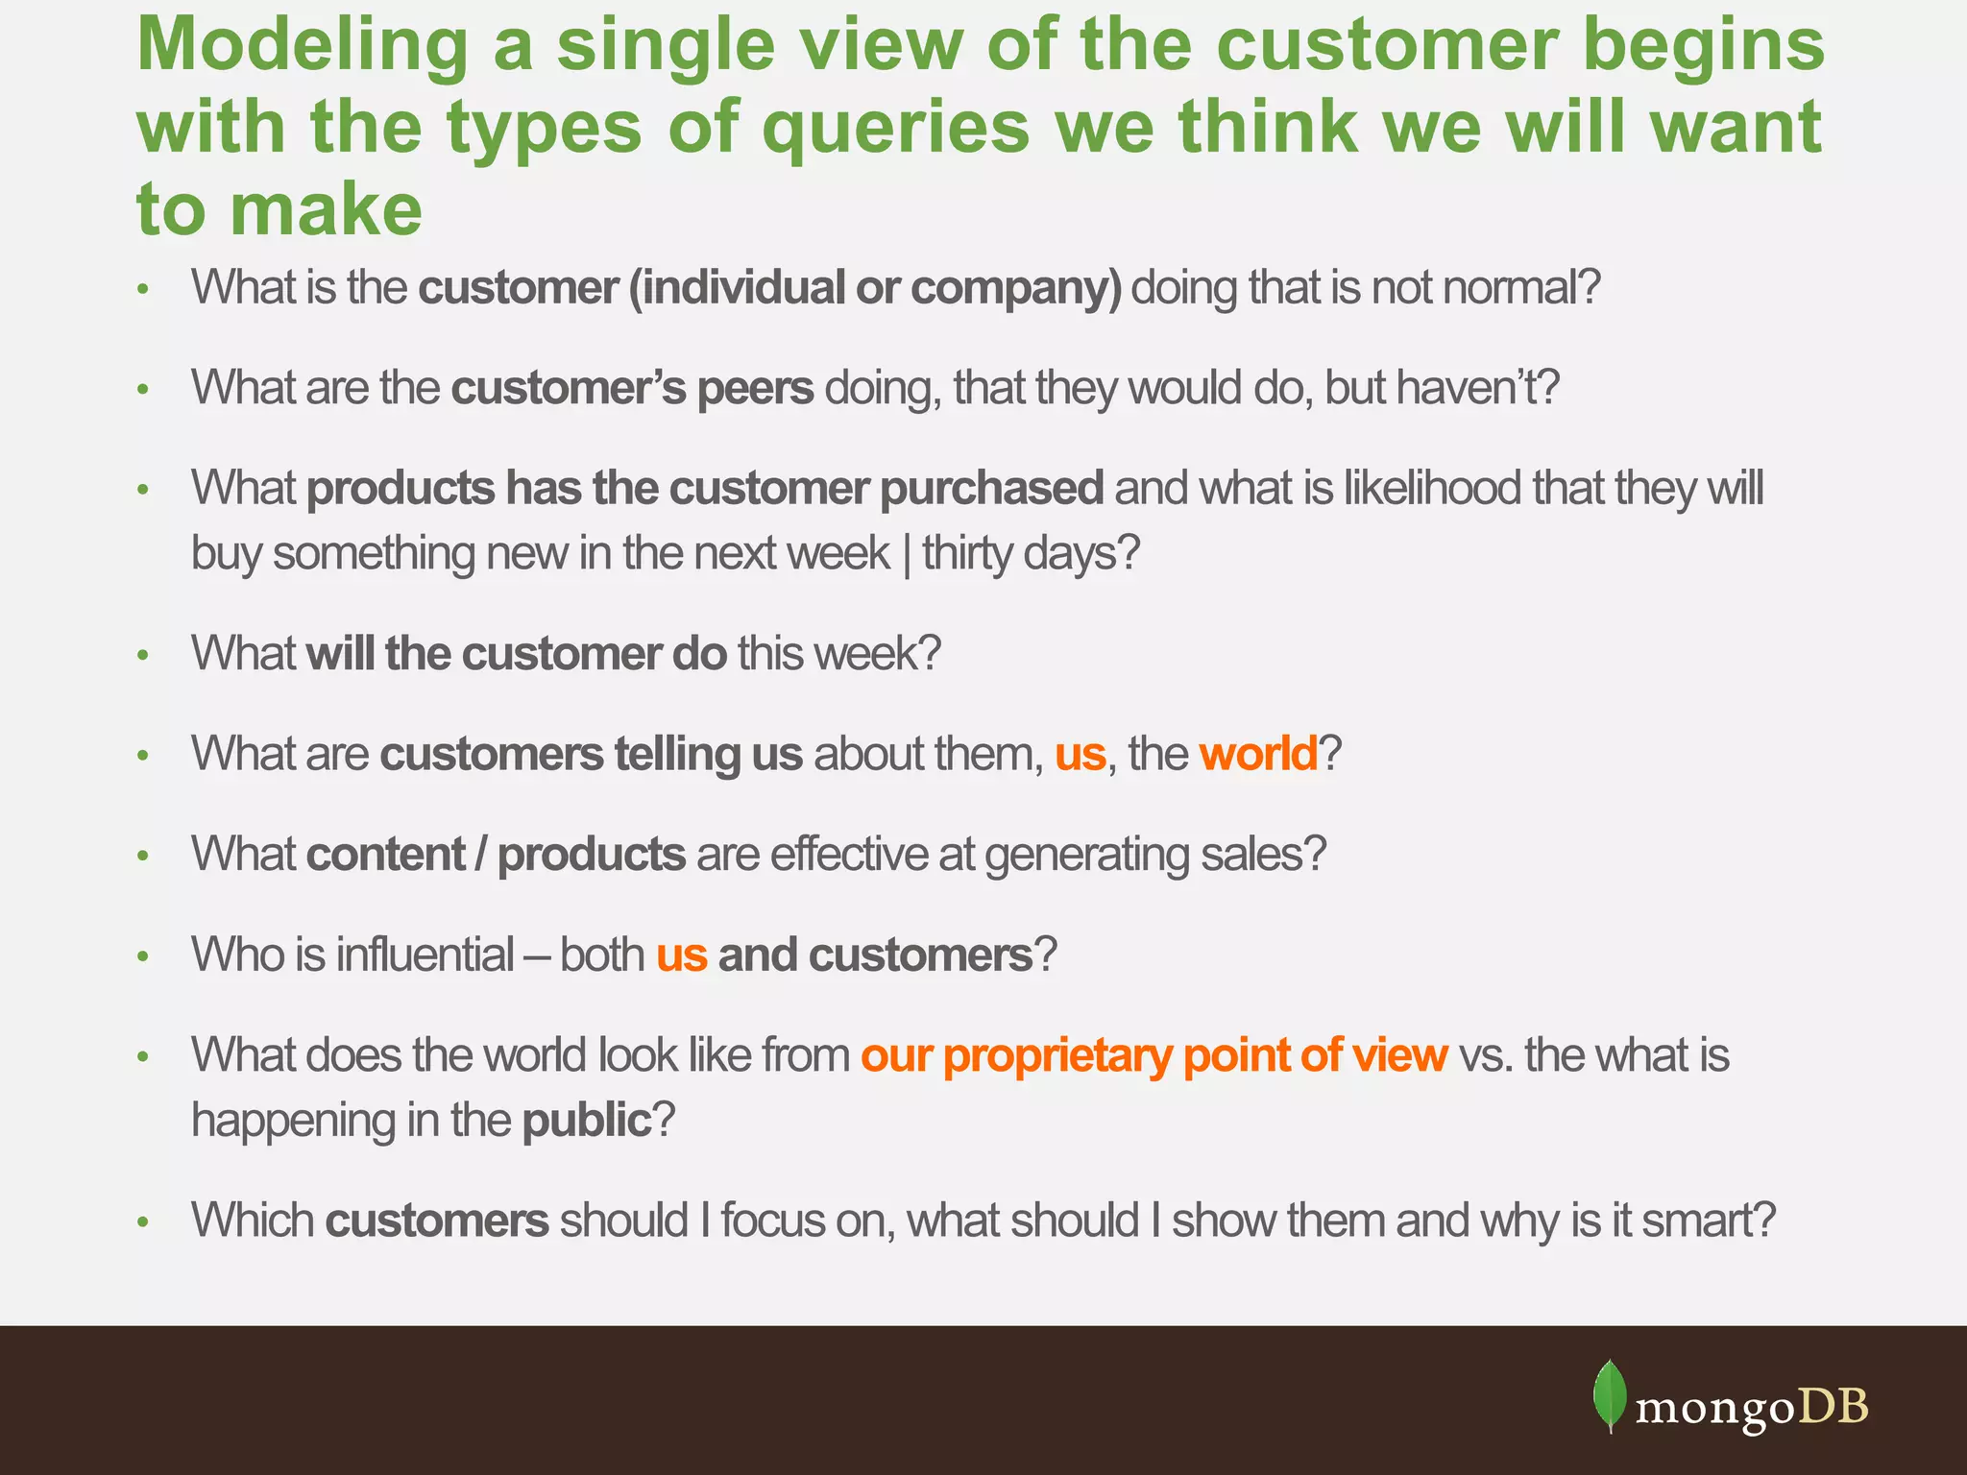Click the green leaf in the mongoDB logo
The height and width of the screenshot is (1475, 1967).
coord(1610,1395)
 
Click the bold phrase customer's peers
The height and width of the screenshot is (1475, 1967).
coord(632,388)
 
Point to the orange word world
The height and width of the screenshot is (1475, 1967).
coord(1258,754)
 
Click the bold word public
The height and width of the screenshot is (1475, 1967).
coord(587,1121)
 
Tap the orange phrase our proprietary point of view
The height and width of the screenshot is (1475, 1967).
coord(1153,1055)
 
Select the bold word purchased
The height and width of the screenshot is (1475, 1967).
coord(991,488)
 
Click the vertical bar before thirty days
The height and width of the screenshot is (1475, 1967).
coord(907,555)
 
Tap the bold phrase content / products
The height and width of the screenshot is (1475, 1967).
coord(496,855)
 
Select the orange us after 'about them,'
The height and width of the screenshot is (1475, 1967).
coord(1081,754)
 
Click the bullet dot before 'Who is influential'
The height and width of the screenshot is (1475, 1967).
coord(143,956)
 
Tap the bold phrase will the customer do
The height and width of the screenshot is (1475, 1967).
coord(516,654)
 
